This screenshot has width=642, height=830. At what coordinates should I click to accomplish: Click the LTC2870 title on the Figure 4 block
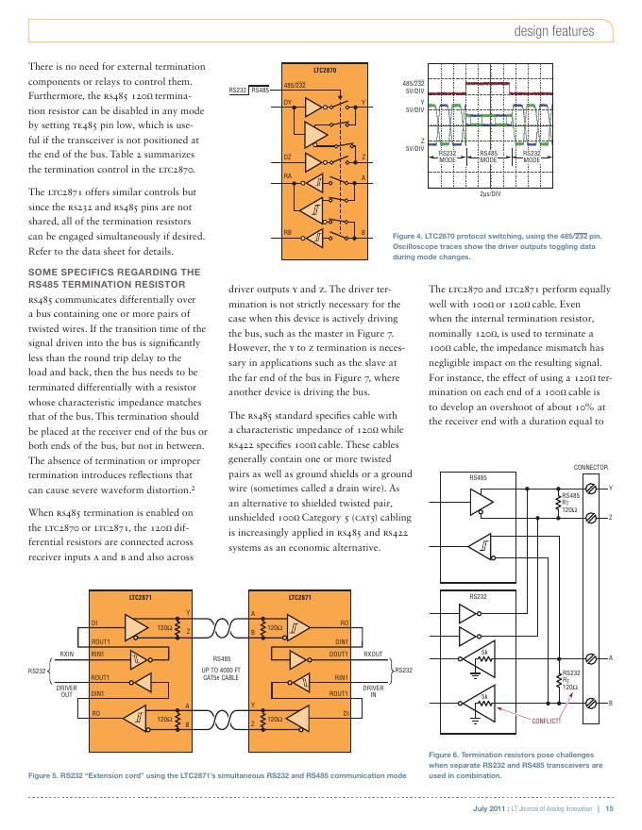pyautogui.click(x=324, y=71)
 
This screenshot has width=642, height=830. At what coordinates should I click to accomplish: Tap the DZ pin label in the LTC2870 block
pyautogui.click(x=288, y=156)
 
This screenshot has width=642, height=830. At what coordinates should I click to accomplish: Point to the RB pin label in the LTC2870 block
pyautogui.click(x=288, y=232)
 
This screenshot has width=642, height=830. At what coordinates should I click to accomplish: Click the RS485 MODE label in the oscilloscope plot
pyautogui.click(x=489, y=156)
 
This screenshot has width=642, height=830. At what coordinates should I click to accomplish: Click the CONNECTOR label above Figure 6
pyautogui.click(x=592, y=468)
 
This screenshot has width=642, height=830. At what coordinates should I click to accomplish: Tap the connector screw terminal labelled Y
pyautogui.click(x=592, y=489)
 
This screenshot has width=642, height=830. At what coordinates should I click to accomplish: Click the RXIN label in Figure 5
pyautogui.click(x=67, y=653)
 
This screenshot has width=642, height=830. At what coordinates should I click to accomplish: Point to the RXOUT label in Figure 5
pyautogui.click(x=374, y=653)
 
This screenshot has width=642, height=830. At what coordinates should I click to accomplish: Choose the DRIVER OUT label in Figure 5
pyautogui.click(x=67, y=692)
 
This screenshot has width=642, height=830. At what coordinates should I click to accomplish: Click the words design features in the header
pyautogui.click(x=553, y=31)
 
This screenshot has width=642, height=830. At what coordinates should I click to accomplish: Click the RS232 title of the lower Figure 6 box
pyautogui.click(x=481, y=597)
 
